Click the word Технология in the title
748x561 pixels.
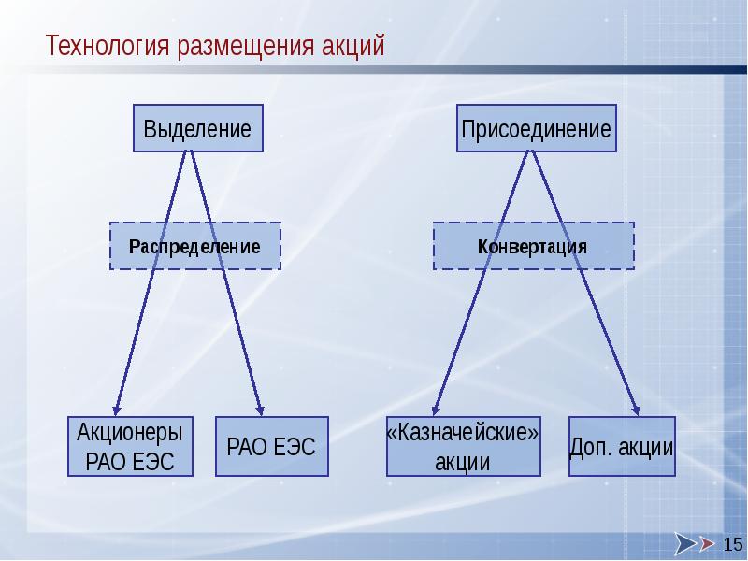click(x=104, y=46)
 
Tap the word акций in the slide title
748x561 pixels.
click(x=351, y=46)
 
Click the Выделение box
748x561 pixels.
click(x=197, y=129)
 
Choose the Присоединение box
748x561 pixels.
click(x=536, y=129)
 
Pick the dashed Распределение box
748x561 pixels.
click(x=195, y=246)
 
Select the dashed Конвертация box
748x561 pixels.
click(x=532, y=246)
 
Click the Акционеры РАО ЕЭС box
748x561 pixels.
click(x=130, y=446)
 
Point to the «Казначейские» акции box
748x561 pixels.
click(x=463, y=446)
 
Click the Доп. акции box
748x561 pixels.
click(x=622, y=446)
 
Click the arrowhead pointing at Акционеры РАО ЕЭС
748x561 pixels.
click(x=116, y=408)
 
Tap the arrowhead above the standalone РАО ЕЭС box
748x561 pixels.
click(x=261, y=408)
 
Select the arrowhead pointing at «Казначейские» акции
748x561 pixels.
click(x=435, y=408)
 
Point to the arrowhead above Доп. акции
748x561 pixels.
click(x=637, y=408)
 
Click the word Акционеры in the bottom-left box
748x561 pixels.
click(x=130, y=432)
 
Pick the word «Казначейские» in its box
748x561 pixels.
click(x=463, y=434)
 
